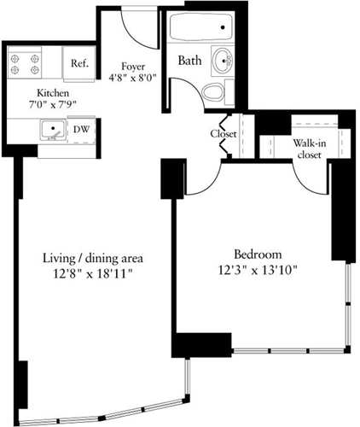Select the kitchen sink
54,131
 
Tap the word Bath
189,61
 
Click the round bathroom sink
224,61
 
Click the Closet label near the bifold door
223,134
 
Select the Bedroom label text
257,254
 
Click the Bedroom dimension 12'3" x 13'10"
257,270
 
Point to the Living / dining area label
92,258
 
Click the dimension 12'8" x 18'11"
92,273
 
